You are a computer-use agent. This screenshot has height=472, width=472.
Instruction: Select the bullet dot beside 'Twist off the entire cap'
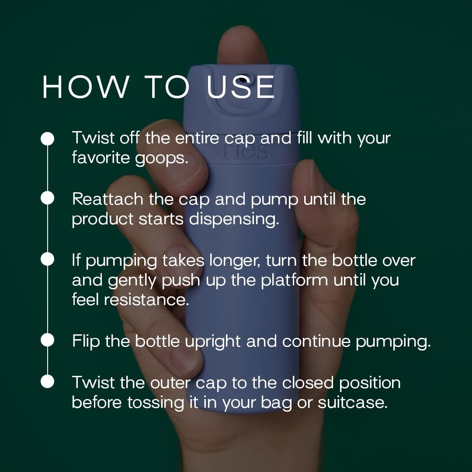tap(47, 139)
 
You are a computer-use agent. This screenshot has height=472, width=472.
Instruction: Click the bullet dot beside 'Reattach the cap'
tap(47, 198)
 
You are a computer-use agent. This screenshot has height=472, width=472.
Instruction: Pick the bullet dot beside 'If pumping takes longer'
tap(47, 259)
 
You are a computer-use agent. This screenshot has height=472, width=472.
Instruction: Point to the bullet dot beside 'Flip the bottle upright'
tap(47, 340)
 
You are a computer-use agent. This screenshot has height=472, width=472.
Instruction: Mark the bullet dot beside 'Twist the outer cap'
tap(47, 382)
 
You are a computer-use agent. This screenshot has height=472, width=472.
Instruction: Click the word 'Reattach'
tap(108, 199)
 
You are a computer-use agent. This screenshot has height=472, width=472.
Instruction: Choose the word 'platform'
tap(294, 281)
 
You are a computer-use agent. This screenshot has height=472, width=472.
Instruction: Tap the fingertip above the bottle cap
tap(242, 45)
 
